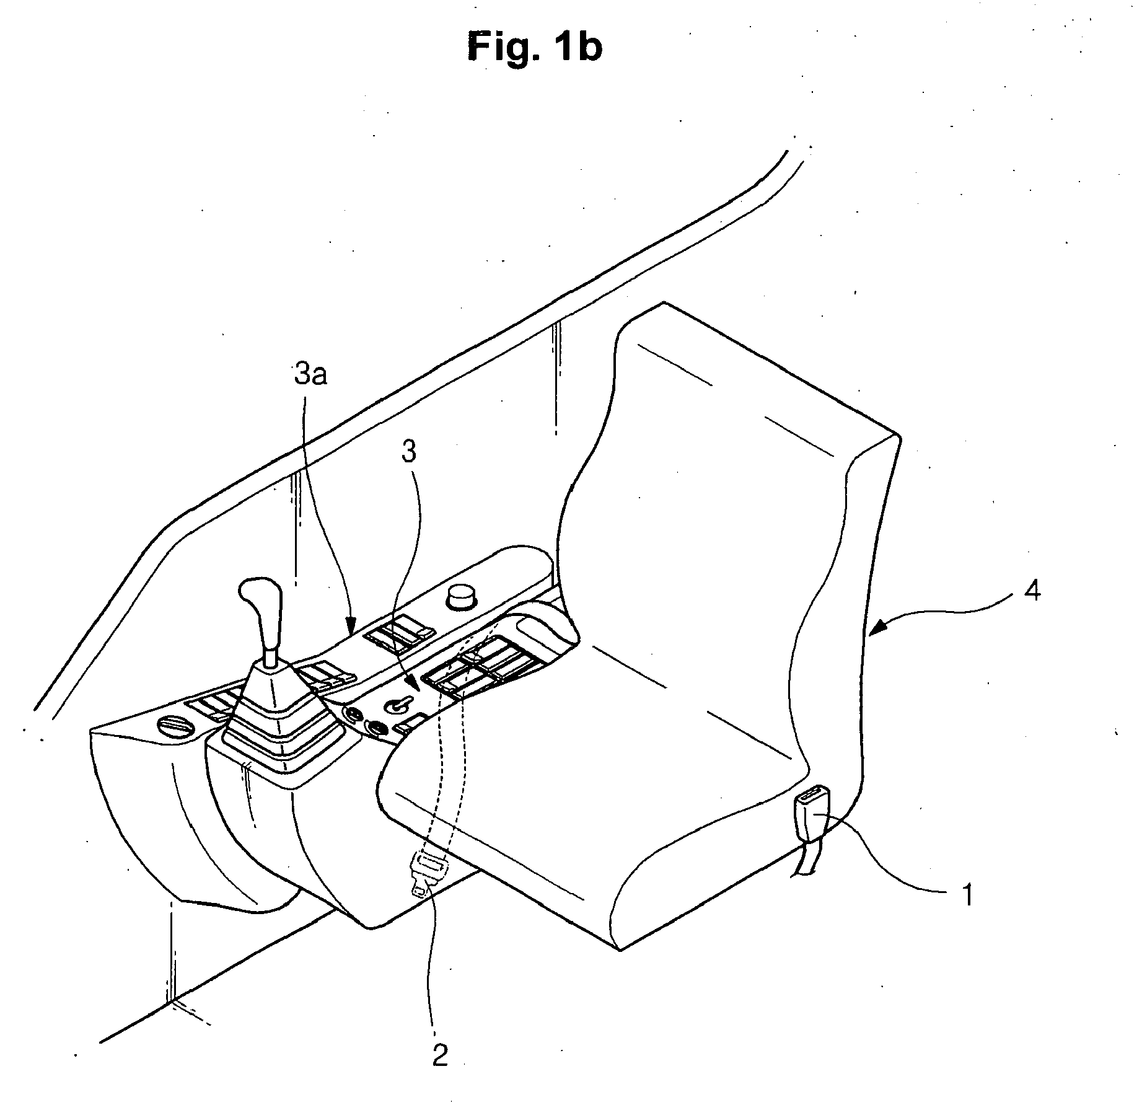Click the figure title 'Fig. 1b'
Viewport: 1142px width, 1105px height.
[x=534, y=48]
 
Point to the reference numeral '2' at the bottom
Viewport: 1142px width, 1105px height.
[x=439, y=1055]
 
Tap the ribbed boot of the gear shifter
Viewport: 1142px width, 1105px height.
[x=280, y=722]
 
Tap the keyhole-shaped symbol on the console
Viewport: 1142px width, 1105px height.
[x=397, y=705]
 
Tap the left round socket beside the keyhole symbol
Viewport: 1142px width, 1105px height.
[x=354, y=715]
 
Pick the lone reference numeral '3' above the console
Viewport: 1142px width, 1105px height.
[x=408, y=452]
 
